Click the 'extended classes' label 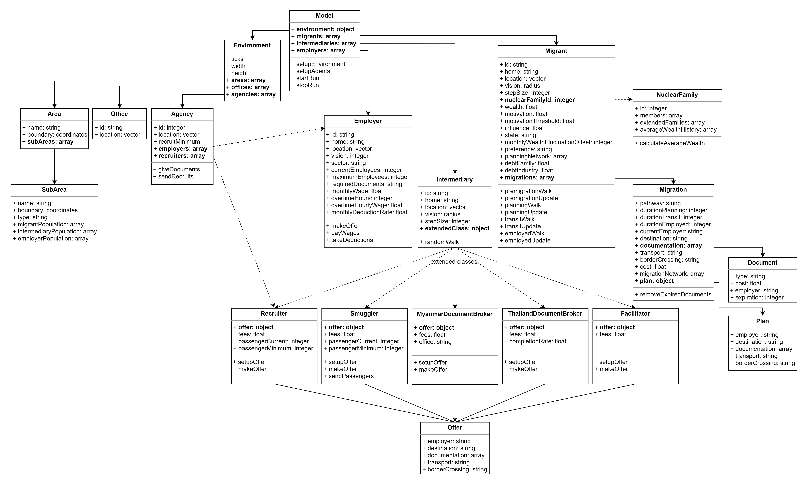[454, 262]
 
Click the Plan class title [762, 321]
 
